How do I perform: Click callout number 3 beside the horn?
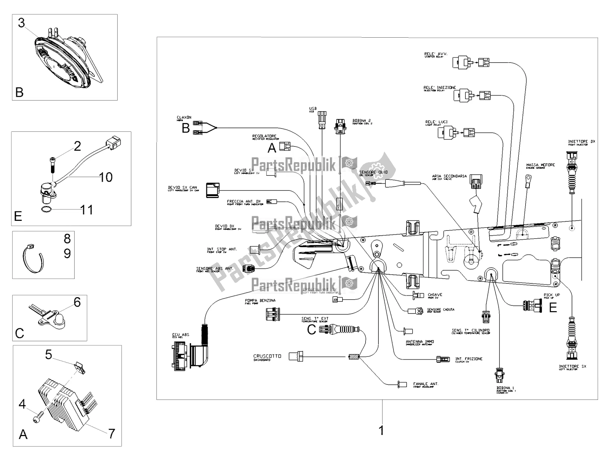(21, 23)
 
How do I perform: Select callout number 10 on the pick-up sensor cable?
(106, 177)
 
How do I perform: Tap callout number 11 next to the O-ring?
(87, 209)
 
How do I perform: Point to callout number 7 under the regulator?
(111, 433)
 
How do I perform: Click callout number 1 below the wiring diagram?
(381, 431)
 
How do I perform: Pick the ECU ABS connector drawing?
(189, 354)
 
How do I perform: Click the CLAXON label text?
(184, 118)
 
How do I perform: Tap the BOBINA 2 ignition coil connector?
(340, 127)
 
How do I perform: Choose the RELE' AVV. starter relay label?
(436, 54)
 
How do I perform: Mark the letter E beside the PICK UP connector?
(553, 307)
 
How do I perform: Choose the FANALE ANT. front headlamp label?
(426, 384)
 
